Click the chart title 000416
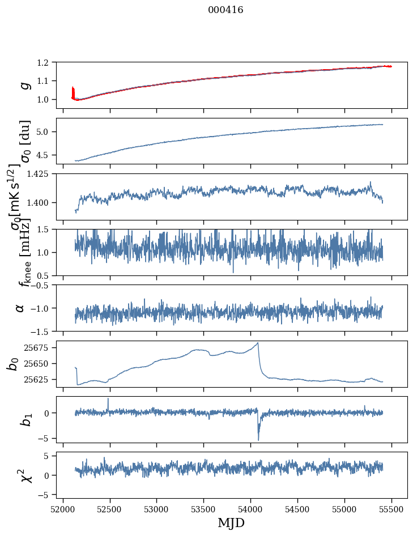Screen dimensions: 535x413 pyautogui.click(x=225, y=10)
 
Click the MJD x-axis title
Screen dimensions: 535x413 pyautogui.click(x=231, y=523)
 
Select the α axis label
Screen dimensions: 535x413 pyautogui.click(x=20, y=307)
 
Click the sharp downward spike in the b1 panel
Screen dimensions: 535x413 pyautogui.click(x=258, y=438)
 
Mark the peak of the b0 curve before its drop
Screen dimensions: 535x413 pyautogui.click(x=258, y=343)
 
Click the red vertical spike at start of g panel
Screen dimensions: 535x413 pyautogui.click(x=73, y=91)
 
